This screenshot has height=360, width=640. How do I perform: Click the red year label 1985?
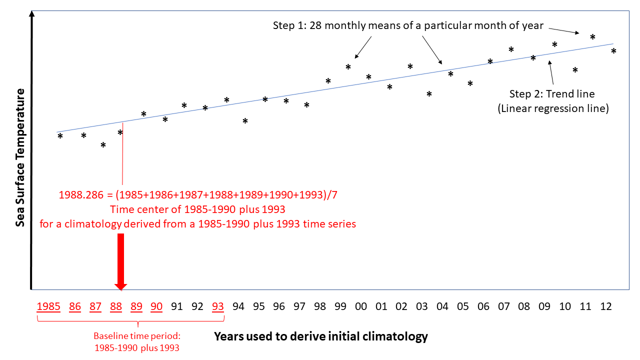click(x=48, y=306)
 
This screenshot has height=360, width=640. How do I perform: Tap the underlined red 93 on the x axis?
click(x=217, y=306)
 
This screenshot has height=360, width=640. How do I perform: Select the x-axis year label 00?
click(x=361, y=306)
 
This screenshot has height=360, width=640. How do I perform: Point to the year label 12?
click(x=605, y=306)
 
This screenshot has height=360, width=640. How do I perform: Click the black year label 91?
click(x=177, y=306)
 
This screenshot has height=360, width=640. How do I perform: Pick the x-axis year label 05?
click(x=463, y=306)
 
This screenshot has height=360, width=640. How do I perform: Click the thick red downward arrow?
click(x=121, y=261)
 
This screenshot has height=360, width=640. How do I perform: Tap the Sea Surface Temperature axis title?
click(x=20, y=157)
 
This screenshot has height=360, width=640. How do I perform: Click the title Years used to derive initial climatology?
click(x=321, y=336)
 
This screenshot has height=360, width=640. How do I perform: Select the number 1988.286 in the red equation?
click(x=81, y=195)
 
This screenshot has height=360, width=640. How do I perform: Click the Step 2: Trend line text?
click(x=552, y=93)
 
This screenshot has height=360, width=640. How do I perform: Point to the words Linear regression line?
click(x=553, y=108)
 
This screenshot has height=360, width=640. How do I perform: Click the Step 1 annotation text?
click(x=408, y=25)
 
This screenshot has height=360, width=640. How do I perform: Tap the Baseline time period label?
click(x=137, y=341)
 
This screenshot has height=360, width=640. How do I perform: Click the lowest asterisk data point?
click(x=103, y=145)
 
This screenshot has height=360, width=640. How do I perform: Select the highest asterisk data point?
click(x=592, y=37)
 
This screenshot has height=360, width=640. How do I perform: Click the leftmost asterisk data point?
click(x=60, y=136)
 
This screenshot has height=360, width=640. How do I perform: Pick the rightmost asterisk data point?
click(x=613, y=51)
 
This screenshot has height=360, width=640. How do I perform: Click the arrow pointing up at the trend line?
click(x=551, y=72)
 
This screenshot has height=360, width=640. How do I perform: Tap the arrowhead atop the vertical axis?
click(x=31, y=13)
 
